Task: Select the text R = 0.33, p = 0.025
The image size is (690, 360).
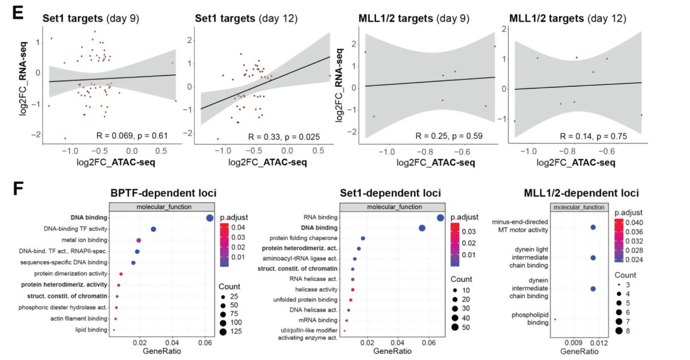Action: tap(283, 136)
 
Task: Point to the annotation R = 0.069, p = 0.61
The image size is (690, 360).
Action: tap(132, 135)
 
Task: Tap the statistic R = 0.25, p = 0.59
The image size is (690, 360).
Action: tap(448, 135)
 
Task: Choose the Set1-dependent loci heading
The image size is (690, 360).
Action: tap(391, 194)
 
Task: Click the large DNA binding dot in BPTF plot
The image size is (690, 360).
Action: tap(209, 218)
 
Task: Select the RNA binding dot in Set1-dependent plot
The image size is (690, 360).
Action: tap(440, 218)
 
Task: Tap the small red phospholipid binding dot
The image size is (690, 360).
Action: tap(555, 320)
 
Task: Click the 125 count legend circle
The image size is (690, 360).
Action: tap(223, 332)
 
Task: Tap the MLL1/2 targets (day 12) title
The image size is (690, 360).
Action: tap(567, 19)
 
